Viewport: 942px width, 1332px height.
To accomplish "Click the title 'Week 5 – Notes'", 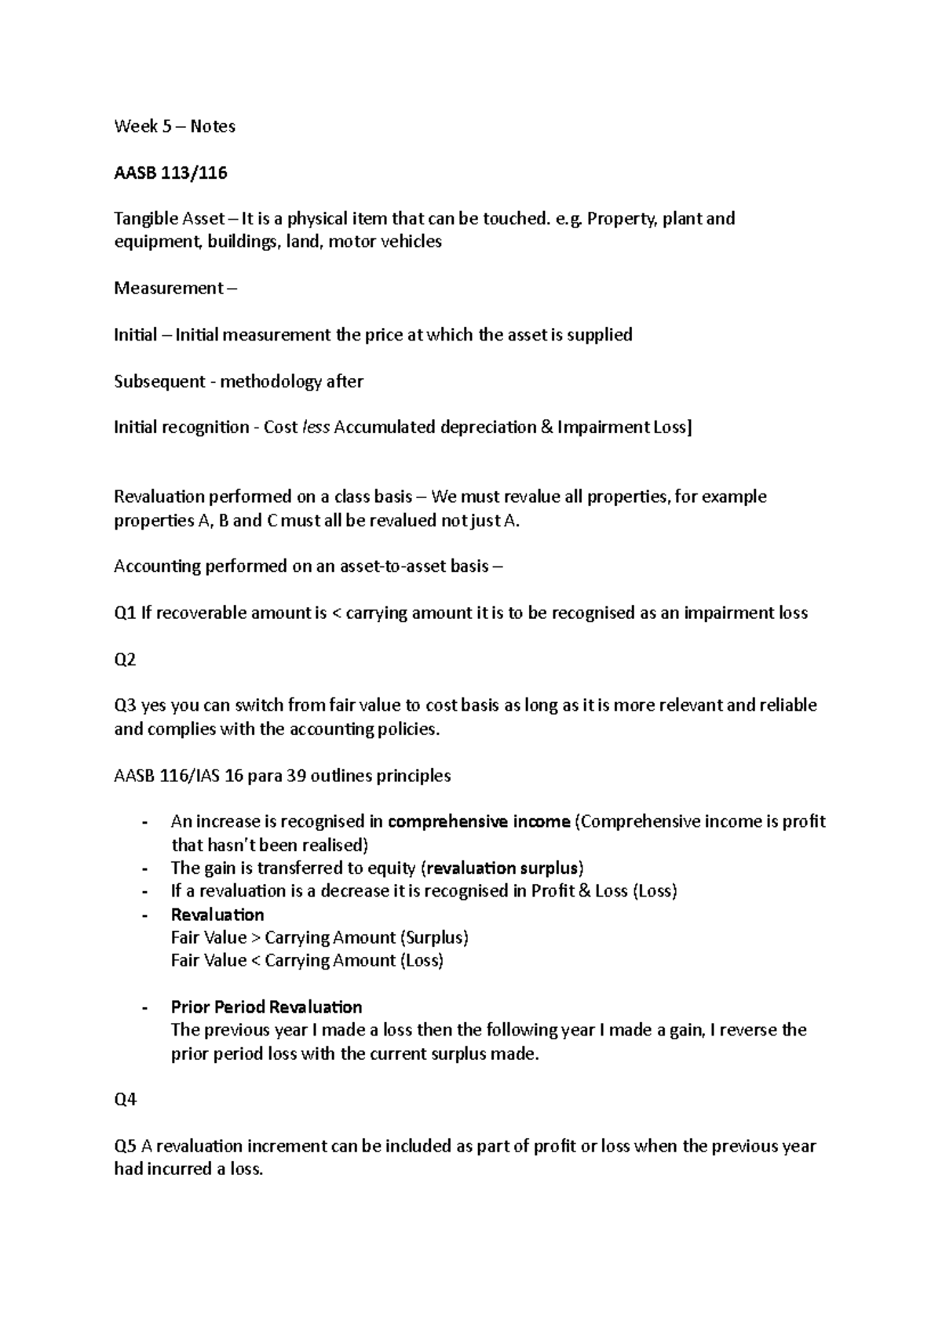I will click(174, 126).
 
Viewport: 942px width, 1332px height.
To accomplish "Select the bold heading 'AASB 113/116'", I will click(170, 173).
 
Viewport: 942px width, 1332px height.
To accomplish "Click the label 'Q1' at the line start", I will click(125, 613).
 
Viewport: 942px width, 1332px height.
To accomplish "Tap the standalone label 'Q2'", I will click(125, 659).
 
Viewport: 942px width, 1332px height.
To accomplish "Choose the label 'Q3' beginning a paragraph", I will click(125, 705).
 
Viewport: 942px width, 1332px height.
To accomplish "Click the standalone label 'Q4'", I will click(125, 1100).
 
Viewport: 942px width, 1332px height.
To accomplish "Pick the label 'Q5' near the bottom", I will click(125, 1146).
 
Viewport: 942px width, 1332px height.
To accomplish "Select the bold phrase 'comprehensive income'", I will click(479, 821).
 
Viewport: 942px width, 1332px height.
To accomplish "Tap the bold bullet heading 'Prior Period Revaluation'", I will click(266, 1006).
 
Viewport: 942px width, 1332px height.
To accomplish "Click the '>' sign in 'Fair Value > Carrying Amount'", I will click(255, 937).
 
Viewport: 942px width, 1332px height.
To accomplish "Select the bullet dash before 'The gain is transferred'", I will click(144, 868).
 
